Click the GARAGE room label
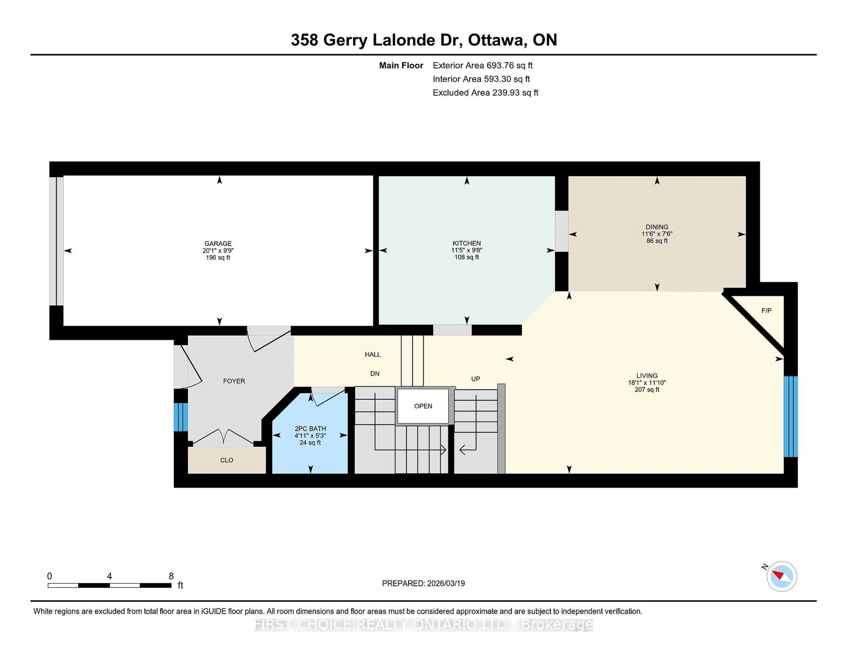[218, 243]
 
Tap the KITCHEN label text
[467, 243]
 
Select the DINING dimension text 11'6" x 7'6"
[657, 234]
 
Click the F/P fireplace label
[766, 310]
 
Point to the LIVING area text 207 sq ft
[647, 389]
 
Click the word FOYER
[234, 381]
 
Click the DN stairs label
[375, 373]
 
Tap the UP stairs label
[476, 379]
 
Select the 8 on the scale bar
[171, 576]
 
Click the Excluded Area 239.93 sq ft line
[485, 93]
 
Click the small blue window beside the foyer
[180, 417]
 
